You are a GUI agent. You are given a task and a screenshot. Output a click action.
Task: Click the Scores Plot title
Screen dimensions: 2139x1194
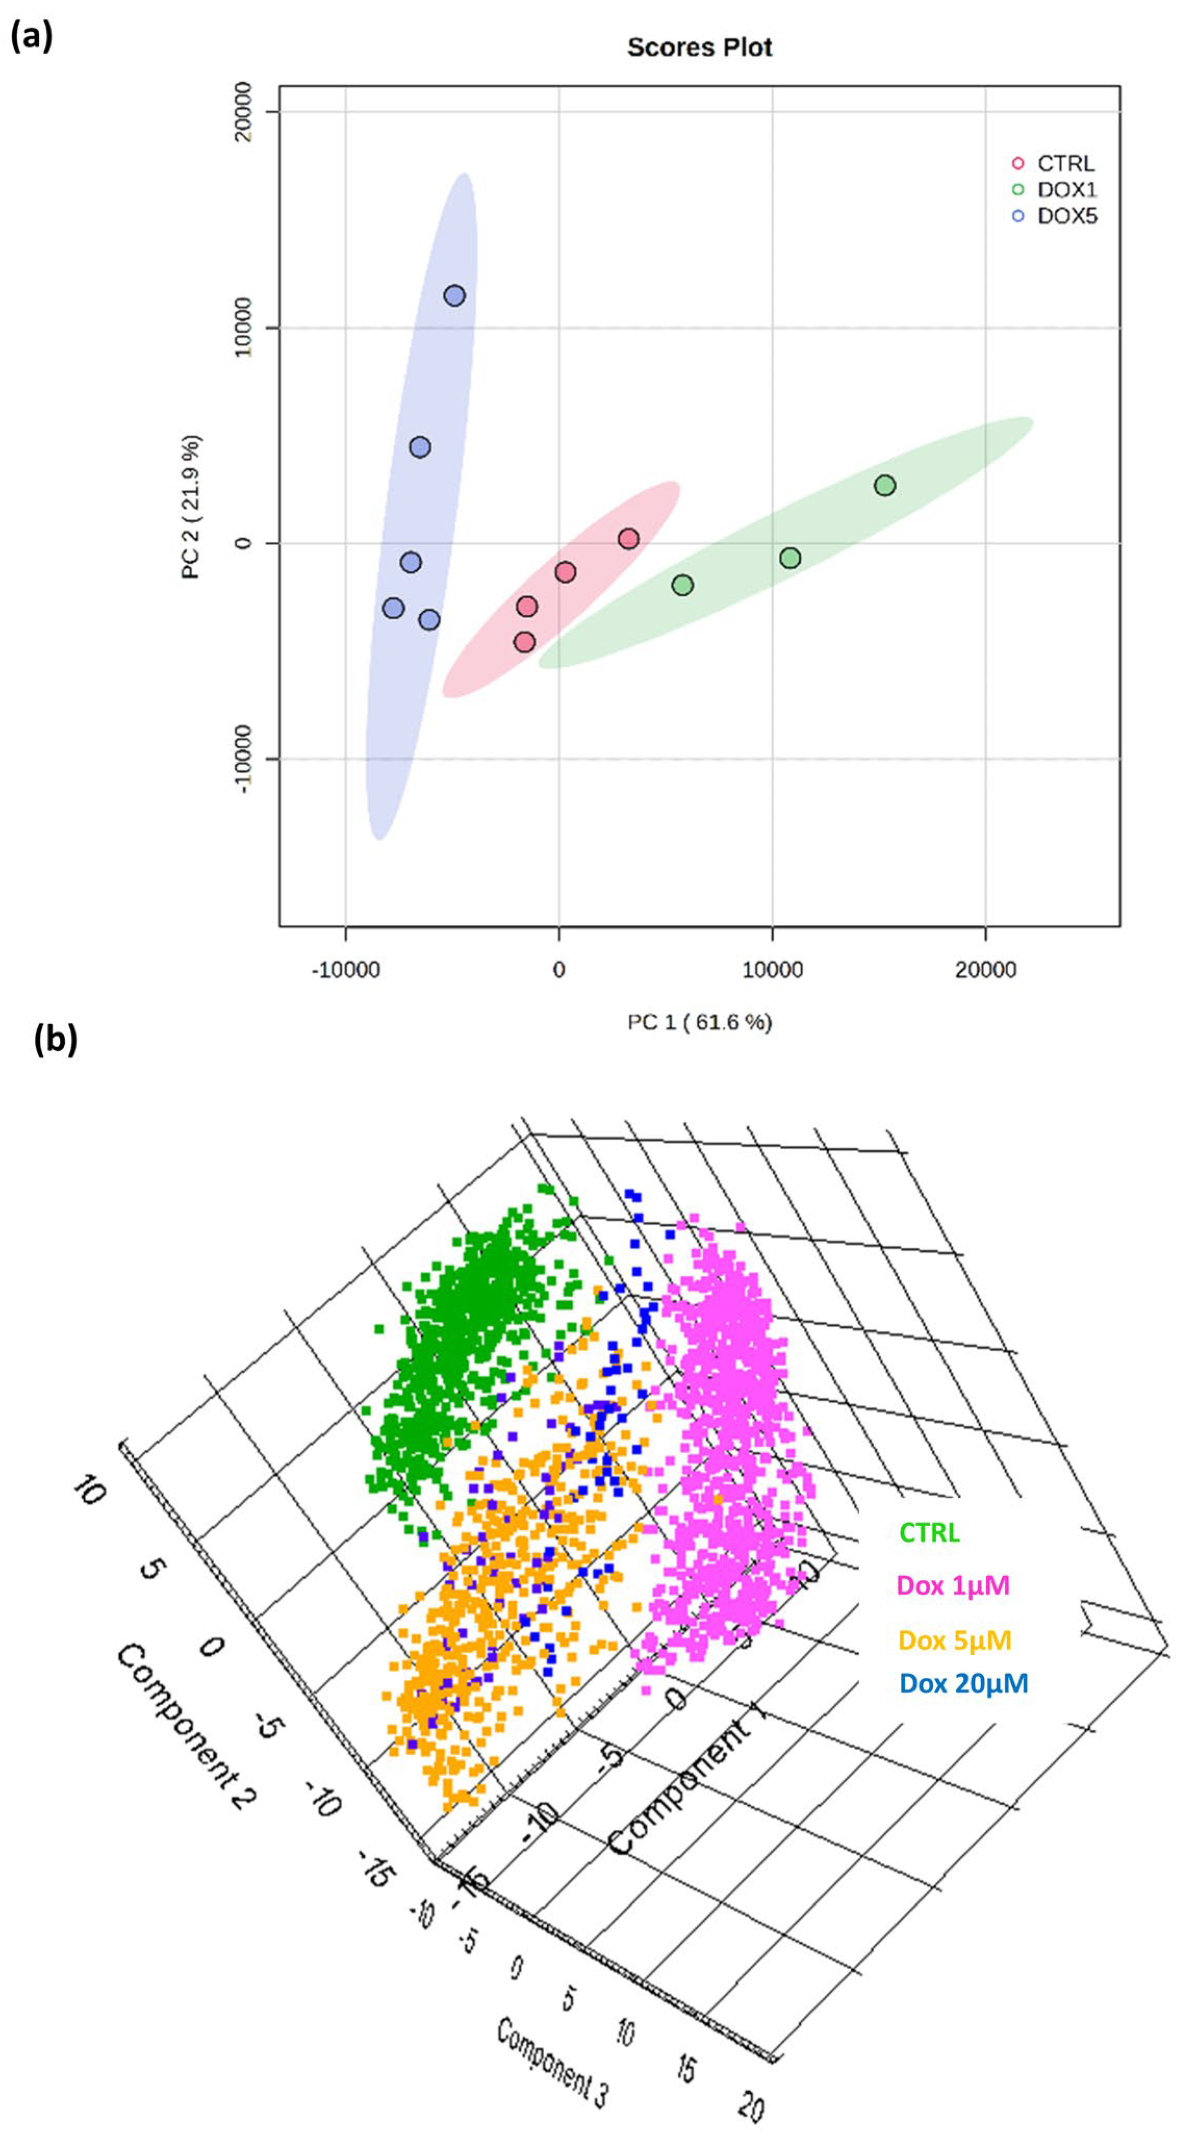pos(699,47)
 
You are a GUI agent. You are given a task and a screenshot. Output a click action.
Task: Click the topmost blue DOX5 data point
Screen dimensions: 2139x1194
pos(454,296)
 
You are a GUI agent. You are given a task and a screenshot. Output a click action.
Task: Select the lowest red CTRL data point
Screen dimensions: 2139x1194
pos(524,642)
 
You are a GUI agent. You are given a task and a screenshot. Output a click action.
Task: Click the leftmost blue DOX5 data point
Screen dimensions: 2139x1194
pos(394,608)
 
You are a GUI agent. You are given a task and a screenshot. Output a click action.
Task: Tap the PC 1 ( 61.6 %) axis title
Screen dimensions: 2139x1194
pos(699,1022)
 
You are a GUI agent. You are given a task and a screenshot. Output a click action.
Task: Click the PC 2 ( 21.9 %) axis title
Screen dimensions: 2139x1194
pos(191,507)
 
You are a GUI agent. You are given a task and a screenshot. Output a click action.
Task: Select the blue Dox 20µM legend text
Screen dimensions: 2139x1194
pos(963,1683)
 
